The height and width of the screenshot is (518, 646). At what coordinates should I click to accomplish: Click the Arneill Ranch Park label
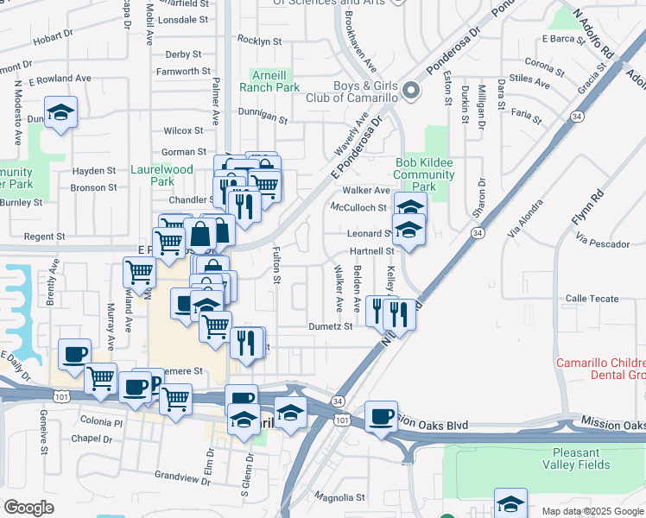point(275,80)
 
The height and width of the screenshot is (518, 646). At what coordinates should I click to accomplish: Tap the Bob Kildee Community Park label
point(425,174)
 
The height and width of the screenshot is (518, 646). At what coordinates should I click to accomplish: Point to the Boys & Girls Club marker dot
point(412,89)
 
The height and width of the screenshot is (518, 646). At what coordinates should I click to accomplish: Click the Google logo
point(28,508)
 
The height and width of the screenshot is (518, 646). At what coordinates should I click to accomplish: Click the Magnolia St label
point(339,497)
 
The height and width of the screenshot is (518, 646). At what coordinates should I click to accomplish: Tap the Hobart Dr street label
point(53,38)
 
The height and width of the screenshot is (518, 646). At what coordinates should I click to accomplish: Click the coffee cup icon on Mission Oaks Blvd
point(381,416)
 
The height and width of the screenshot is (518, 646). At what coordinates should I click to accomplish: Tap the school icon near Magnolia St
point(510,502)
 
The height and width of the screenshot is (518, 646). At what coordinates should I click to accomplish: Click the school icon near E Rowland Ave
point(61,112)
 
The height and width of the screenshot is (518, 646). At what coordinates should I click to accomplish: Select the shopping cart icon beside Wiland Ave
point(139,272)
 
